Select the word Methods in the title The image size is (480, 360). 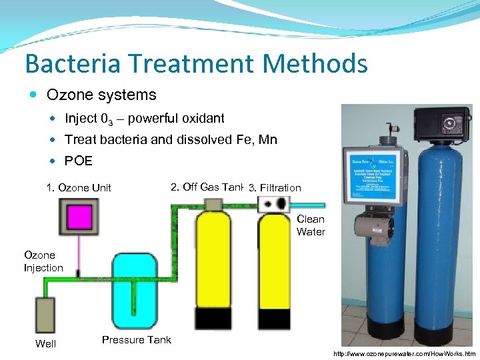pyautogui.click(x=315, y=64)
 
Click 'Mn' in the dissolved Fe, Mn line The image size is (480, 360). pyautogui.click(x=268, y=139)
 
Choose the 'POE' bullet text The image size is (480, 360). pyautogui.click(x=78, y=161)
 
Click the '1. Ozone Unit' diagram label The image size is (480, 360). pyautogui.click(x=79, y=187)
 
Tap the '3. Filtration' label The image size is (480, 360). pyautogui.click(x=275, y=188)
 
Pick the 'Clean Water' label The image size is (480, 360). pyautogui.click(x=311, y=225)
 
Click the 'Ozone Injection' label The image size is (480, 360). pyautogui.click(x=43, y=261)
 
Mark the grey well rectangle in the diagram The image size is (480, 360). pyautogui.click(x=45, y=316)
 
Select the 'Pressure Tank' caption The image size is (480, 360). pyautogui.click(x=136, y=340)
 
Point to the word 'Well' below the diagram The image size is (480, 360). pyautogui.click(x=45, y=344)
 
